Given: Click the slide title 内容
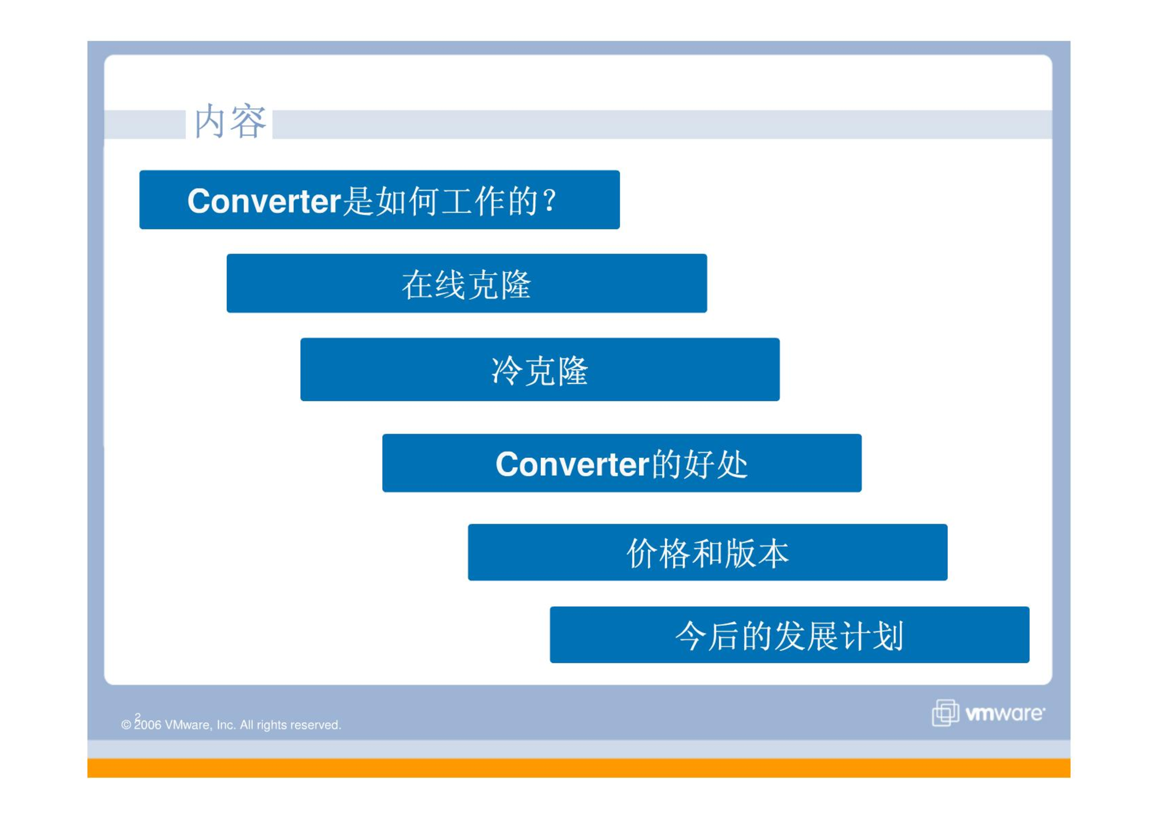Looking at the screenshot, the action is (230, 121).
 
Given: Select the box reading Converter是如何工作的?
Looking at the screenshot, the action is (379, 200).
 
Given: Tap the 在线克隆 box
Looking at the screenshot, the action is (467, 283).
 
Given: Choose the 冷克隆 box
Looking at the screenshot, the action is (540, 369).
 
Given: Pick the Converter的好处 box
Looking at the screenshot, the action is (622, 463).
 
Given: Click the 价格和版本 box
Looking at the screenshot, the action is (708, 552).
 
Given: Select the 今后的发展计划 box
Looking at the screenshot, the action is (789, 635).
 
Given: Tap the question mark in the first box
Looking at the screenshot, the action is (550, 200).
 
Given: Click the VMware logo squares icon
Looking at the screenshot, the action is (945, 713).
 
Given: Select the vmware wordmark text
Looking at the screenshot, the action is (1005, 713).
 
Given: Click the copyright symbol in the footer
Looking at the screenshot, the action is (126, 725).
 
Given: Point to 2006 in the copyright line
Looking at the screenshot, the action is (148, 725).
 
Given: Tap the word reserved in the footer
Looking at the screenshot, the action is (319, 725).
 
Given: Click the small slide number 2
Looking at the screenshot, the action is (137, 717).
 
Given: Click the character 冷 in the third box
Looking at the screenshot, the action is (507, 370).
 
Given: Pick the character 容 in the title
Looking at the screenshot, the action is (249, 121).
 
